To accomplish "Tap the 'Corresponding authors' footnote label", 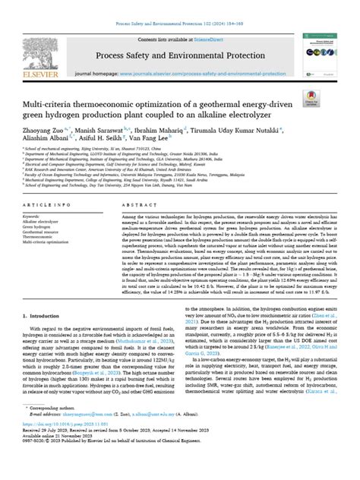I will tap(52, 439).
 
